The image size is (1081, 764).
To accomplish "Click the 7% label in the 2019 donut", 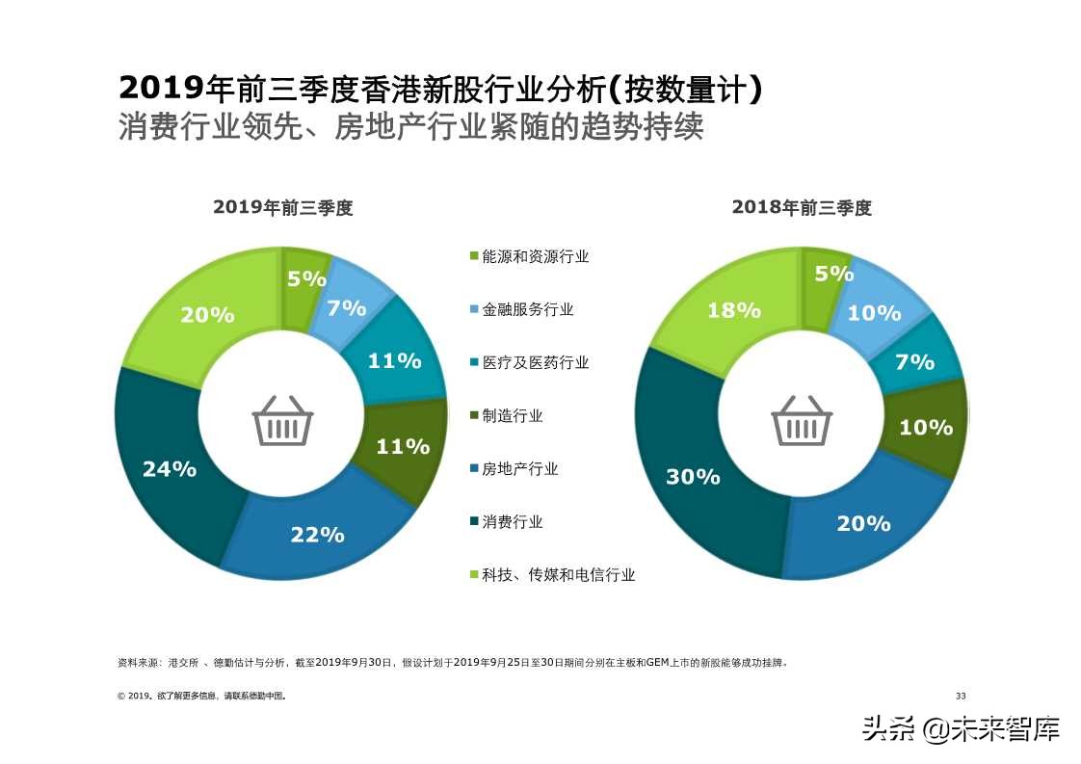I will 347,308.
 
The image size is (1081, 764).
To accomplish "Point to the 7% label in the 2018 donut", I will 914,362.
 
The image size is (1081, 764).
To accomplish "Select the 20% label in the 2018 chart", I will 863,523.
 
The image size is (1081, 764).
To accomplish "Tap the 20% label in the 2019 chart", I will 207,315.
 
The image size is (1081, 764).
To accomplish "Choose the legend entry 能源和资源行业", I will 535,256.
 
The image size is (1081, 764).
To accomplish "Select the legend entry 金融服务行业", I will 527,309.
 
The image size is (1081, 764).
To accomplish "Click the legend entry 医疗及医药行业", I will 535,362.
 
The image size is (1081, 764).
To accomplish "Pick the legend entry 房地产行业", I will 519,469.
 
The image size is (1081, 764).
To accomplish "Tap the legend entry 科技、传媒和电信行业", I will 558,575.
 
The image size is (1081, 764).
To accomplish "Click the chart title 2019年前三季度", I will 283,208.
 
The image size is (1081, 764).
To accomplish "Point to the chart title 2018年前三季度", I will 802,208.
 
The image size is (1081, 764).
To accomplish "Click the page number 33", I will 960,696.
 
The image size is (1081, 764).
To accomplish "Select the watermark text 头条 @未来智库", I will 961,728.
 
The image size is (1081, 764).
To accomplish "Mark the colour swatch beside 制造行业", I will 473,416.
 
